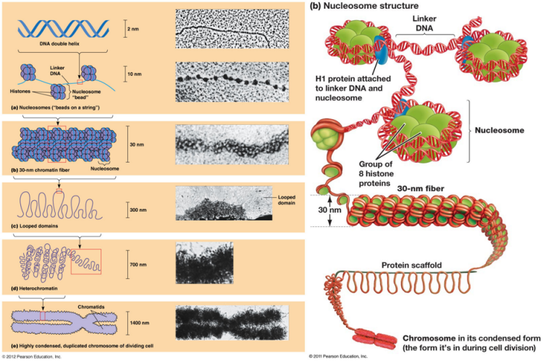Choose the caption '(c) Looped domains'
tap(32, 232)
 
